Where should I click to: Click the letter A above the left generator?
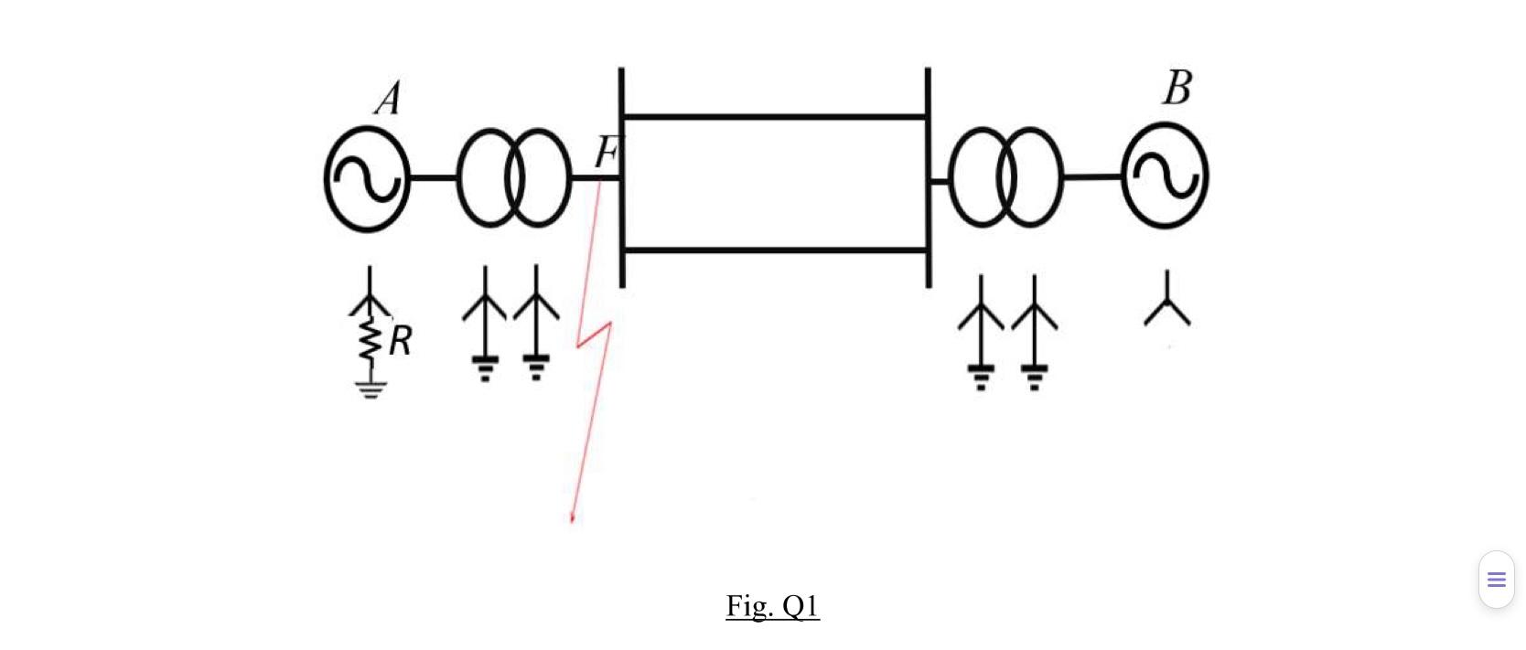coord(388,99)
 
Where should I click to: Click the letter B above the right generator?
coord(1177,89)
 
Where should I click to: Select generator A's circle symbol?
coord(367,179)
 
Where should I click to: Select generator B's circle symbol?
coord(1165,176)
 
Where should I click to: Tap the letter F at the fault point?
coord(606,153)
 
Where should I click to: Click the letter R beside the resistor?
coord(400,341)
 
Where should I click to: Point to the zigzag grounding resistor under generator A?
coord(370,339)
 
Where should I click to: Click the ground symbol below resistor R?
coord(370,389)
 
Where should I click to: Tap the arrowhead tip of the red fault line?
coord(573,520)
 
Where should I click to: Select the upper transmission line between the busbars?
coord(774,117)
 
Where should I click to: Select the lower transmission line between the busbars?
coord(774,250)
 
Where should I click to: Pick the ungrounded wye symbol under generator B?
coord(1167,302)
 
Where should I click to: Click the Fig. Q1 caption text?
coord(772,605)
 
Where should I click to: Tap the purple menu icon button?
coord(1496,580)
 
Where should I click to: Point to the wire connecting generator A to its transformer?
coord(433,177)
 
